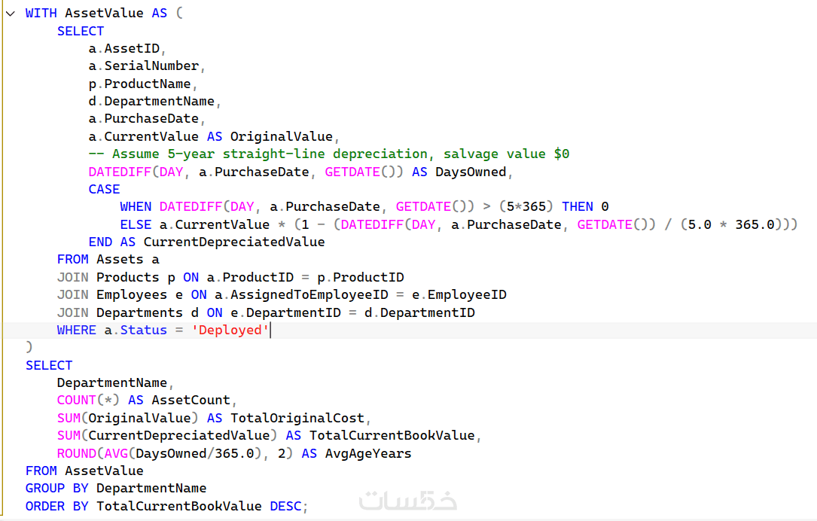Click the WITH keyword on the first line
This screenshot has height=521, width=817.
click(41, 13)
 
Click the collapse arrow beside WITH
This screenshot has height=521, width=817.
click(11, 14)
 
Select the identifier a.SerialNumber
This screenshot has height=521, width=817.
click(144, 66)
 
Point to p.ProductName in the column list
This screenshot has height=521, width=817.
click(139, 84)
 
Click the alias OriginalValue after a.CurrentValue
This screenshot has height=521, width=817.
click(282, 136)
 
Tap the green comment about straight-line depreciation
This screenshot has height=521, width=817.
click(329, 154)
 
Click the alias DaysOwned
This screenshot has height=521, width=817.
click(471, 172)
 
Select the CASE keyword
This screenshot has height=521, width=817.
click(104, 189)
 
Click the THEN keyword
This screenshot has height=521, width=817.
click(578, 207)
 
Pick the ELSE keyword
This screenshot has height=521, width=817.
click(136, 224)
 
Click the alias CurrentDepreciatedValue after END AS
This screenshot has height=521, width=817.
click(234, 242)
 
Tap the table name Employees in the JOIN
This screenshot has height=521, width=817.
click(132, 295)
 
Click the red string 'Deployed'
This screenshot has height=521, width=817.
click(230, 331)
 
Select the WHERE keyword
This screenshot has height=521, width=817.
click(77, 331)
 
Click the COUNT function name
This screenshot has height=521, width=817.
click(77, 400)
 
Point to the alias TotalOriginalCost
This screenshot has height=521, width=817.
click(297, 418)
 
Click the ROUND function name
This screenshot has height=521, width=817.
click(77, 454)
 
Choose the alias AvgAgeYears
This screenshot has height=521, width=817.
click(368, 454)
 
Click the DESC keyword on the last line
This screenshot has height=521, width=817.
click(285, 507)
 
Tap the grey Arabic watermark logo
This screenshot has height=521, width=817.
click(408, 501)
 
